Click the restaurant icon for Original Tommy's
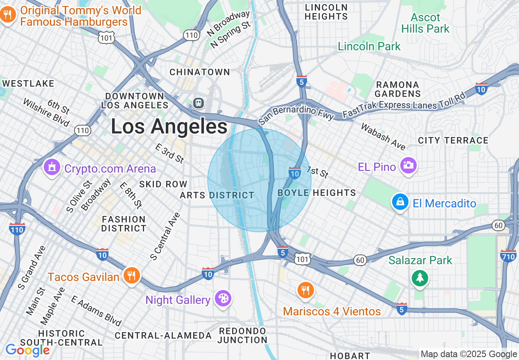point(7,16)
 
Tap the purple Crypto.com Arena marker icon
point(52,168)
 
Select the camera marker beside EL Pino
point(408,166)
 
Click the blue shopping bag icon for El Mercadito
point(400,202)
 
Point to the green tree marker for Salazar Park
point(420,279)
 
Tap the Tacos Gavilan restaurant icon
point(131,276)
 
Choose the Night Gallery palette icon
point(223,299)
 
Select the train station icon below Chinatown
point(199,102)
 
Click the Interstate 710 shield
point(508,256)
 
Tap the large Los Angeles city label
point(169,126)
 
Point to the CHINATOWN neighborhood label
point(200,72)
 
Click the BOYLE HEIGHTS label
point(317,193)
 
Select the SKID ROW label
point(163,184)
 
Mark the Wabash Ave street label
point(383,136)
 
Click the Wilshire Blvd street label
point(46,112)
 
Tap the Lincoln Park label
point(369,46)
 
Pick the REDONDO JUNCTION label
point(242,335)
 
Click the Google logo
point(27,350)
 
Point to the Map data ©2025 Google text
point(469,354)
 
